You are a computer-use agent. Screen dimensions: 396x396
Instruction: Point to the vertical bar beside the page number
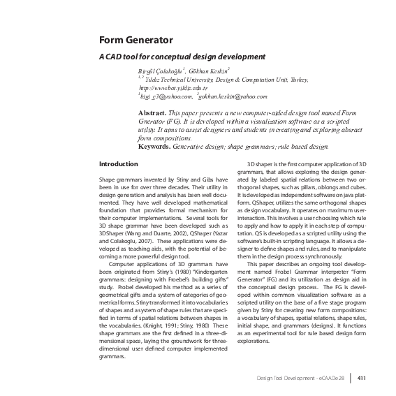[x=351, y=378]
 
